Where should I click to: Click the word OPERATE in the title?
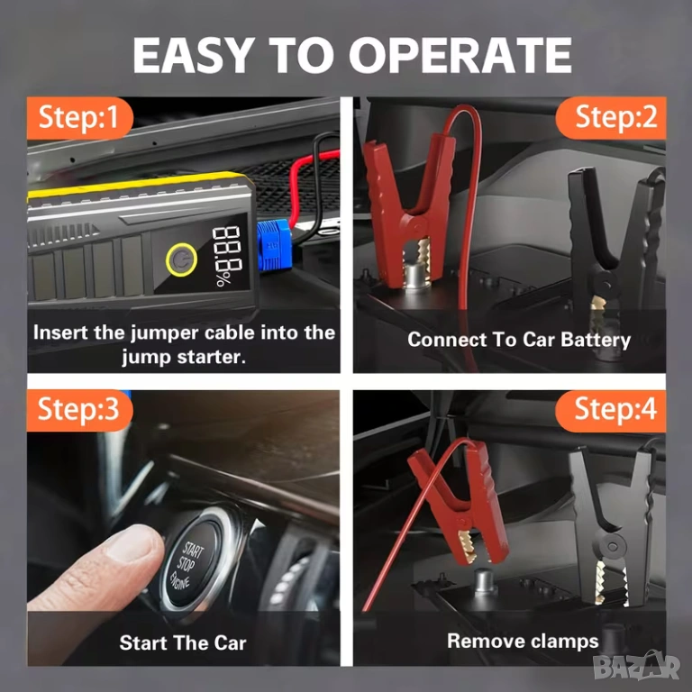[x=460, y=55]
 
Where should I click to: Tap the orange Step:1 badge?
[x=79, y=118]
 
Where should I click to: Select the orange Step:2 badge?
[x=611, y=118]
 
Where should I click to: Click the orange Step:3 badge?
[x=79, y=410]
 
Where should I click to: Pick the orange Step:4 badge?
[x=611, y=410]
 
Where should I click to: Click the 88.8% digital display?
[x=226, y=256]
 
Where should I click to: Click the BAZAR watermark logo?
[x=636, y=667]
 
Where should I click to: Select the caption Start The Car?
[x=183, y=643]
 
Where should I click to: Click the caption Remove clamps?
[x=523, y=642]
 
